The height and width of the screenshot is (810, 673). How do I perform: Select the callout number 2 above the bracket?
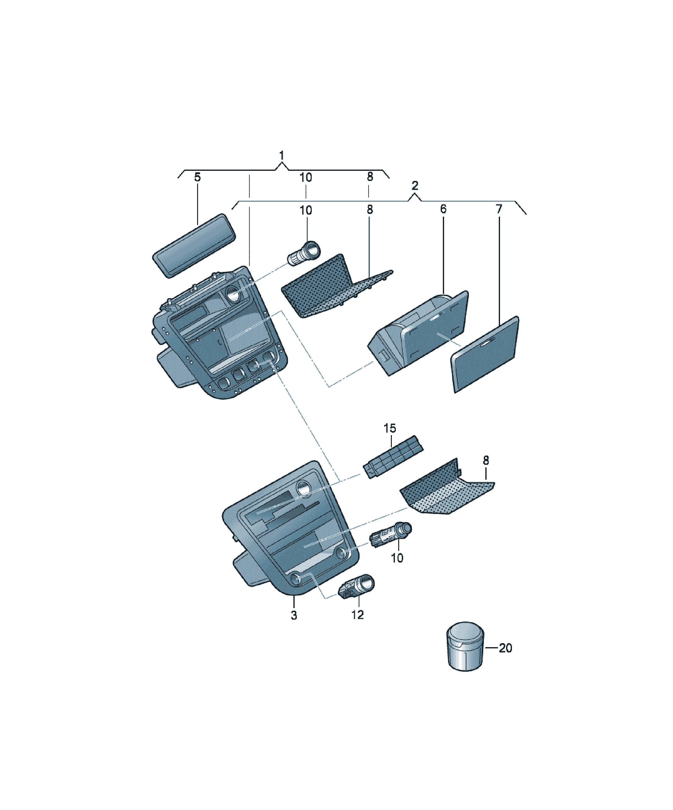[415, 185]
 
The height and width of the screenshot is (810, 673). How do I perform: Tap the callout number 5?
[197, 178]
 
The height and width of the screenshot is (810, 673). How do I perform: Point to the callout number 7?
[499, 209]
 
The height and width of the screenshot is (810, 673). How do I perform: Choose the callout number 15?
[390, 428]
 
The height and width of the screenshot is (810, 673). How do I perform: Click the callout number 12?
[358, 615]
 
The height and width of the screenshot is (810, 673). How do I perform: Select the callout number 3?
[294, 615]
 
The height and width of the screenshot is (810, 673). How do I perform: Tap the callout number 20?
[506, 648]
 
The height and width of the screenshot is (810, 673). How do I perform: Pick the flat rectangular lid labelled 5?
[194, 245]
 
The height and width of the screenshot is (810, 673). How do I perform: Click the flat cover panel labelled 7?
[485, 354]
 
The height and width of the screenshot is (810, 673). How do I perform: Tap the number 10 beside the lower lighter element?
[397, 558]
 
